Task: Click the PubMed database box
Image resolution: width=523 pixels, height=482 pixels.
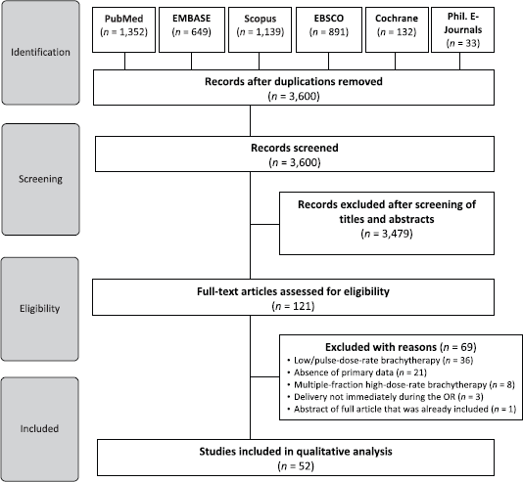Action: tap(123, 29)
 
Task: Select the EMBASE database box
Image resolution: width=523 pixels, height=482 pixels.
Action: tap(192, 29)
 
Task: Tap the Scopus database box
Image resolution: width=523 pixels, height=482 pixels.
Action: tap(260, 29)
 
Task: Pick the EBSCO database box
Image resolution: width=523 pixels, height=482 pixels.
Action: tap(329, 29)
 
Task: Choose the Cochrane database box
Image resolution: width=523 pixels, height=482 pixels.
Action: tap(397, 29)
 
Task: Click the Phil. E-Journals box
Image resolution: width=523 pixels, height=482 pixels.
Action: tap(462, 29)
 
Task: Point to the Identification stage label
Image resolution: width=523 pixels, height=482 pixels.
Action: tap(40, 52)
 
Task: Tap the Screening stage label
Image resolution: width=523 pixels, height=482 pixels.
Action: tap(40, 179)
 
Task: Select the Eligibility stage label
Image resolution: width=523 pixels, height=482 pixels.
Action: tap(40, 309)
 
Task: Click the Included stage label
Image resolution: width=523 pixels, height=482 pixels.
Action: tap(40, 429)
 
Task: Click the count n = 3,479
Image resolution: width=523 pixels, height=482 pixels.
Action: tap(387, 234)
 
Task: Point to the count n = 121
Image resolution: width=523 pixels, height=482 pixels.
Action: tap(293, 306)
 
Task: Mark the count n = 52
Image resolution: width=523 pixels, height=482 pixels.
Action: tap(296, 466)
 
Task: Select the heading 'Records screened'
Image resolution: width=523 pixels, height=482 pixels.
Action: tap(295, 148)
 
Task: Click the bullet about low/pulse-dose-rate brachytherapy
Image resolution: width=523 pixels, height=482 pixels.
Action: tap(380, 360)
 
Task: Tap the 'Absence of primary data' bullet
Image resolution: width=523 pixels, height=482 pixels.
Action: tap(357, 372)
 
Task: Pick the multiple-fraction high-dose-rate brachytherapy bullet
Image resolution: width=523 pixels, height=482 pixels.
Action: tap(401, 385)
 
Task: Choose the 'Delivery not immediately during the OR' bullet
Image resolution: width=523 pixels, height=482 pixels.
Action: tap(385, 397)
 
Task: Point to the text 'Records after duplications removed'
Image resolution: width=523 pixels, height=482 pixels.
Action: tap(294, 81)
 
